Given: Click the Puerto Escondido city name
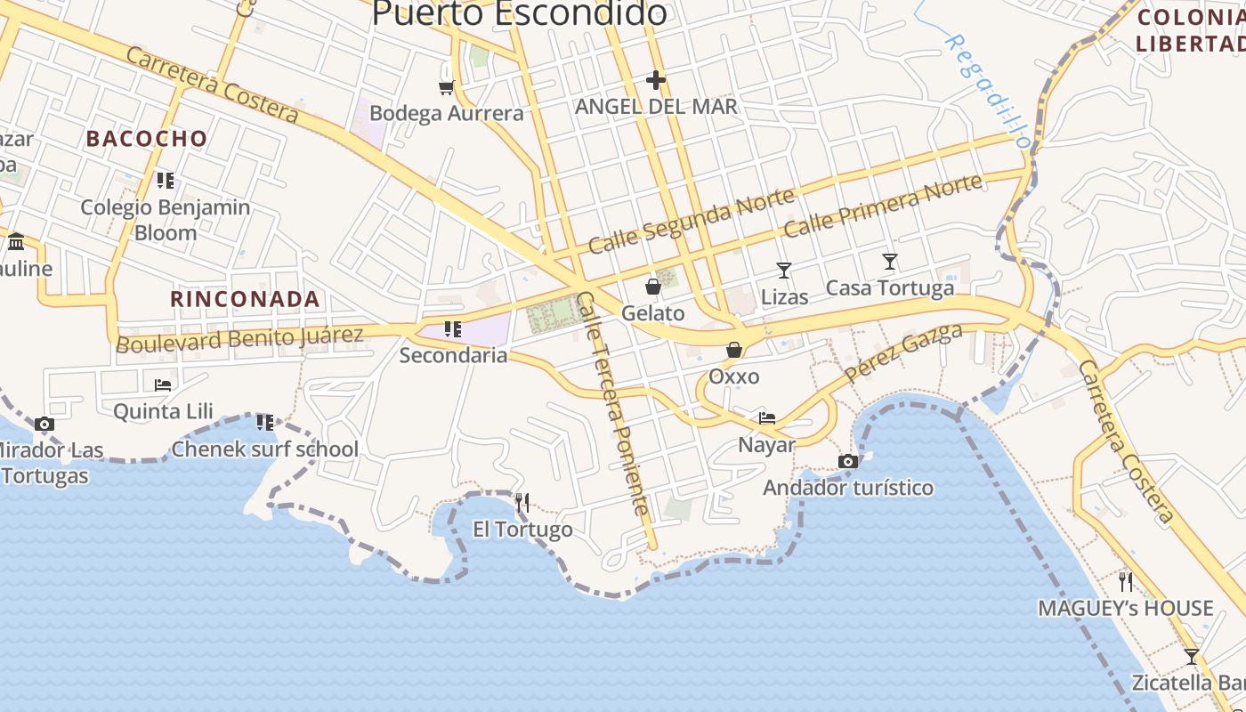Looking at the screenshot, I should (519, 13).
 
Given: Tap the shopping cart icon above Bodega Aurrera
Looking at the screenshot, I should (447, 87).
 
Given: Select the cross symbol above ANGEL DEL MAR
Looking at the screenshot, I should (656, 81).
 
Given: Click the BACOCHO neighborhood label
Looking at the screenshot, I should (147, 139).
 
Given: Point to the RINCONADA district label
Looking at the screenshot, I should (245, 299).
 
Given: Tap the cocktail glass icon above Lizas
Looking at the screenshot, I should (784, 271).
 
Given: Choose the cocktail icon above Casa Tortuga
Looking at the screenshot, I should (890, 262).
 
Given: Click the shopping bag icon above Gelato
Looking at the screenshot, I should (653, 287).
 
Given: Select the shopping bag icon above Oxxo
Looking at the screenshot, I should (734, 350).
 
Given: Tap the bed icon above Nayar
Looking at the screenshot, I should (766, 418).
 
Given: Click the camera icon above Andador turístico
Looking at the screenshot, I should (848, 461).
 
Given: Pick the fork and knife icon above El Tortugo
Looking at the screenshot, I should (522, 504).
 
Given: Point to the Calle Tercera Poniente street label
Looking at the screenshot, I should (613, 404).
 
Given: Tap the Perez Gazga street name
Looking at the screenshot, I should (904, 352).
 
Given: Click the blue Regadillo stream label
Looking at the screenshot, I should (988, 92).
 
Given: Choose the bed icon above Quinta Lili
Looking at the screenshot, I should (163, 385).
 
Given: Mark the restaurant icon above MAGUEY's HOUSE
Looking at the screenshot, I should (1126, 582).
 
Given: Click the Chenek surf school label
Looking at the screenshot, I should (265, 449).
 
